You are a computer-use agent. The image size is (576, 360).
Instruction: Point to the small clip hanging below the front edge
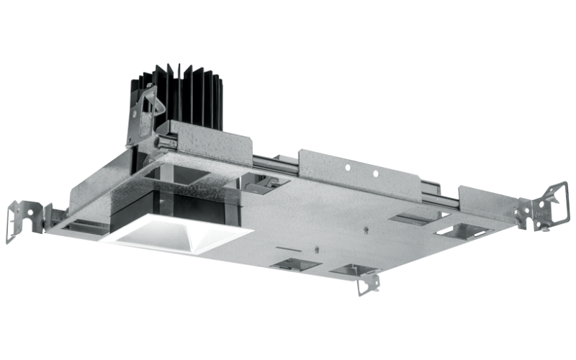point(369,282)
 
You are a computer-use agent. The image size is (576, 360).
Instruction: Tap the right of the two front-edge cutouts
point(353,270)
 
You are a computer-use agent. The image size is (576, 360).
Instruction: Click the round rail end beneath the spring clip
point(166,142)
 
